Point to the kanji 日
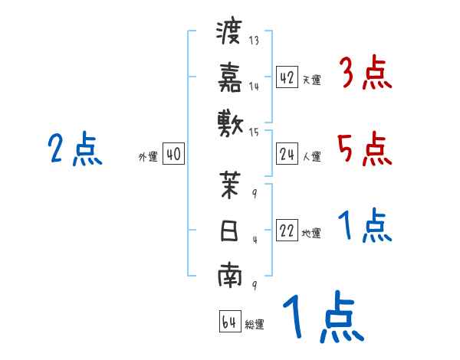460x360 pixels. (x=229, y=231)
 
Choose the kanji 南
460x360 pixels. (x=229, y=276)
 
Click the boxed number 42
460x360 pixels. (x=287, y=77)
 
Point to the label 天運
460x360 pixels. (x=311, y=80)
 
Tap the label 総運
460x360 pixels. (x=255, y=324)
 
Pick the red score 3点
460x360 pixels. (x=365, y=74)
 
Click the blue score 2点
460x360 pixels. (x=74, y=149)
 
